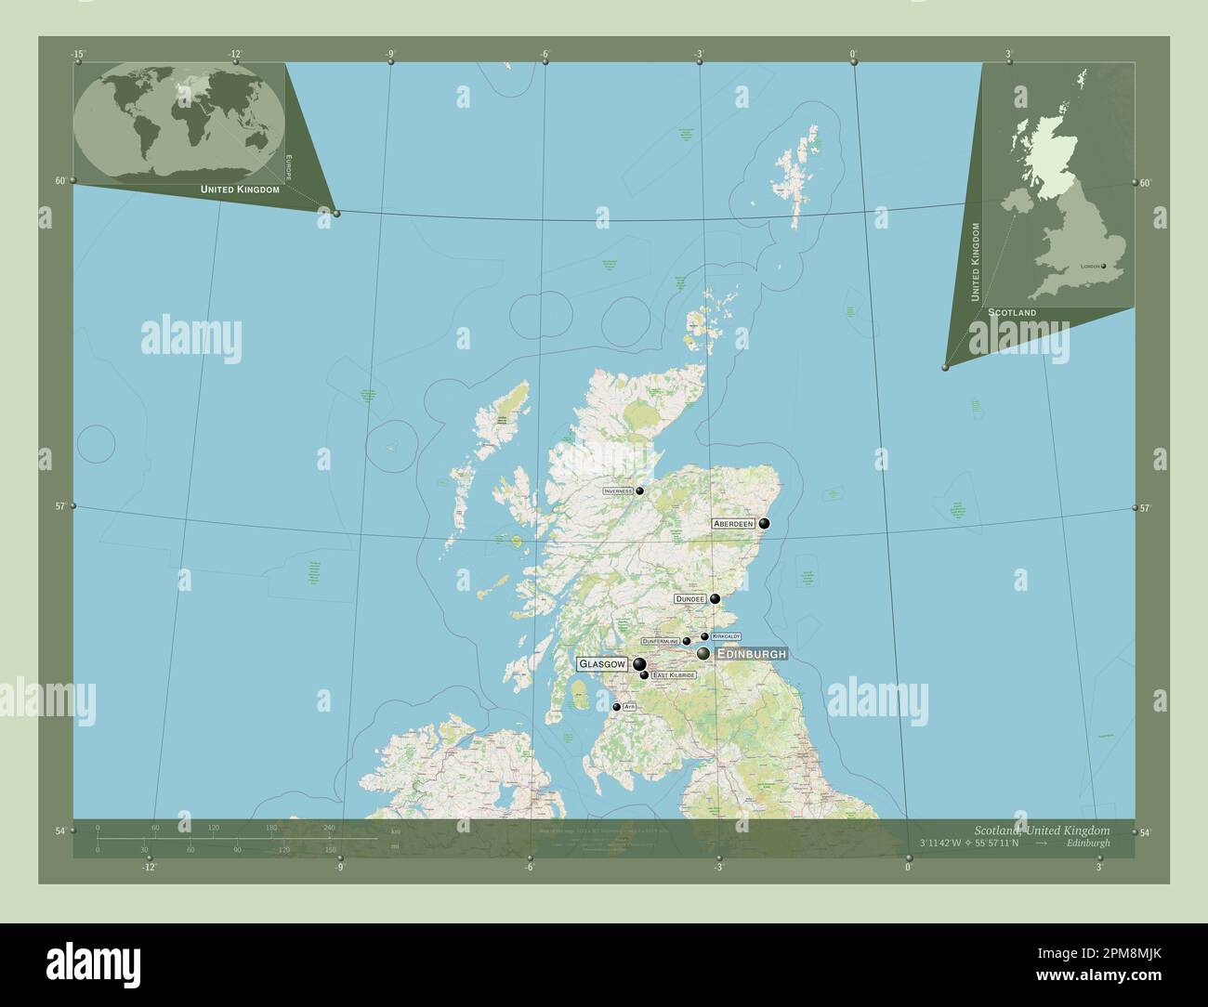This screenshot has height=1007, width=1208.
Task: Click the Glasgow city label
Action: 602,664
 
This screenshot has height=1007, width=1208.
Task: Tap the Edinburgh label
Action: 752,654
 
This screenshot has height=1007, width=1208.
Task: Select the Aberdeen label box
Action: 733,524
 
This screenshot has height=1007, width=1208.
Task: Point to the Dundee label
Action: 691,599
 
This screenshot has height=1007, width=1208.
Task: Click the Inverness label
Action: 618,490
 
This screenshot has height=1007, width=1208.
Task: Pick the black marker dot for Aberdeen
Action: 764,524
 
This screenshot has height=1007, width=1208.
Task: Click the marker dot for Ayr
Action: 616,707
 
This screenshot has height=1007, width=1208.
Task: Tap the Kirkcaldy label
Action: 726,636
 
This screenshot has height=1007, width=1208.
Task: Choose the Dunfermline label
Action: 661,641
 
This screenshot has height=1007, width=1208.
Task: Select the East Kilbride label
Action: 673,674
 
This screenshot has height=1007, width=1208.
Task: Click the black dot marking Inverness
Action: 639,490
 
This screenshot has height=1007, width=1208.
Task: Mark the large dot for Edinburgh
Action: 703,654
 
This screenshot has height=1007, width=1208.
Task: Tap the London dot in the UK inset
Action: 1104,266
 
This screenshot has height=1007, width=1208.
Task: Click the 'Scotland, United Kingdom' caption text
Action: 1042,830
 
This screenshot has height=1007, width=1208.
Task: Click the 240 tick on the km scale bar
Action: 329,827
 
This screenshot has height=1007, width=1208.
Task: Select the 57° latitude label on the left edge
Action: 60,506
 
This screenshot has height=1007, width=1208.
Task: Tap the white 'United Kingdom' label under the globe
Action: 240,189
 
